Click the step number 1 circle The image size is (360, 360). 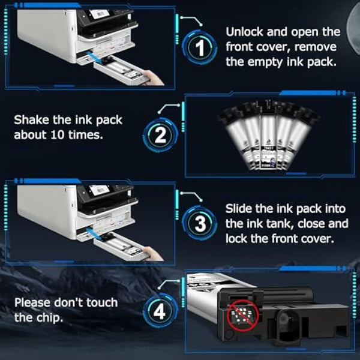pyautogui.click(x=200, y=47)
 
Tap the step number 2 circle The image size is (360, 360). pyautogui.click(x=160, y=135)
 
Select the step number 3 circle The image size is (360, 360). pyautogui.click(x=200, y=223)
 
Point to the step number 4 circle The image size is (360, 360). pyautogui.click(x=160, y=311)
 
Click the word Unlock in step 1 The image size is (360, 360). pyautogui.click(x=245, y=32)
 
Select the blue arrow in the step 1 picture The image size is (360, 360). pyautogui.click(x=95, y=58)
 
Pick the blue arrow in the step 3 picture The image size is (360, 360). pyautogui.click(x=95, y=233)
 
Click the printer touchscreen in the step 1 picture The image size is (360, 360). pyautogui.click(x=99, y=14)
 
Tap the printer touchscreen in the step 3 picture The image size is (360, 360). pyautogui.click(x=99, y=190)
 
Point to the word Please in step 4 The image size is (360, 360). pyautogui.click(x=32, y=303)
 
